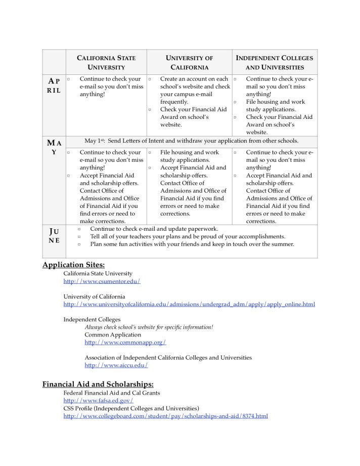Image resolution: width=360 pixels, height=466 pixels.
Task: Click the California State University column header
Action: coord(106,62)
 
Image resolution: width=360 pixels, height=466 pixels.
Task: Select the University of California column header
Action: coord(189,62)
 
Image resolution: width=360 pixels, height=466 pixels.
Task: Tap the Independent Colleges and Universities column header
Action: coord(275,62)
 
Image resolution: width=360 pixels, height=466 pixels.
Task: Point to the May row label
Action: coord(54,147)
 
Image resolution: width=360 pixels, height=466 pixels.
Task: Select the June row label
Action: coord(54,236)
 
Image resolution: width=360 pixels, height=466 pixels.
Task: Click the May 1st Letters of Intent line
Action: coord(191,141)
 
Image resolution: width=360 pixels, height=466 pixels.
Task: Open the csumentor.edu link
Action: coord(102,281)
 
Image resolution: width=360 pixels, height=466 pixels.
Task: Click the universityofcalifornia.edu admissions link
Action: coord(189,304)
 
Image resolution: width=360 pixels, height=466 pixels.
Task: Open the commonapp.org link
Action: coord(125,343)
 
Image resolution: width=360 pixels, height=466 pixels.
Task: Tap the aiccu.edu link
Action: coord(116,365)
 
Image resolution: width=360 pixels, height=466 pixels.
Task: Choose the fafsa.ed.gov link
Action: coord(98,401)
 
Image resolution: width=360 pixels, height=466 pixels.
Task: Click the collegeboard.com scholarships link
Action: coord(165,416)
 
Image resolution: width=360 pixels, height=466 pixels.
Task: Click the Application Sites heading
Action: coord(74,265)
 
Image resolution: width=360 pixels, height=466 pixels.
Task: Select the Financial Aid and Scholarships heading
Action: coord(98,384)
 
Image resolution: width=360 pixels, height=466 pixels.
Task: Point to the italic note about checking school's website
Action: coord(149,327)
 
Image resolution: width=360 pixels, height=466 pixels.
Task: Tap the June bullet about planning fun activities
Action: coord(192,244)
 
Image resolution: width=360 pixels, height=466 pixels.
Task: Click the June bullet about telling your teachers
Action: coord(187,236)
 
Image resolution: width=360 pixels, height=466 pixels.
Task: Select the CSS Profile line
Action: coord(131,408)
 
